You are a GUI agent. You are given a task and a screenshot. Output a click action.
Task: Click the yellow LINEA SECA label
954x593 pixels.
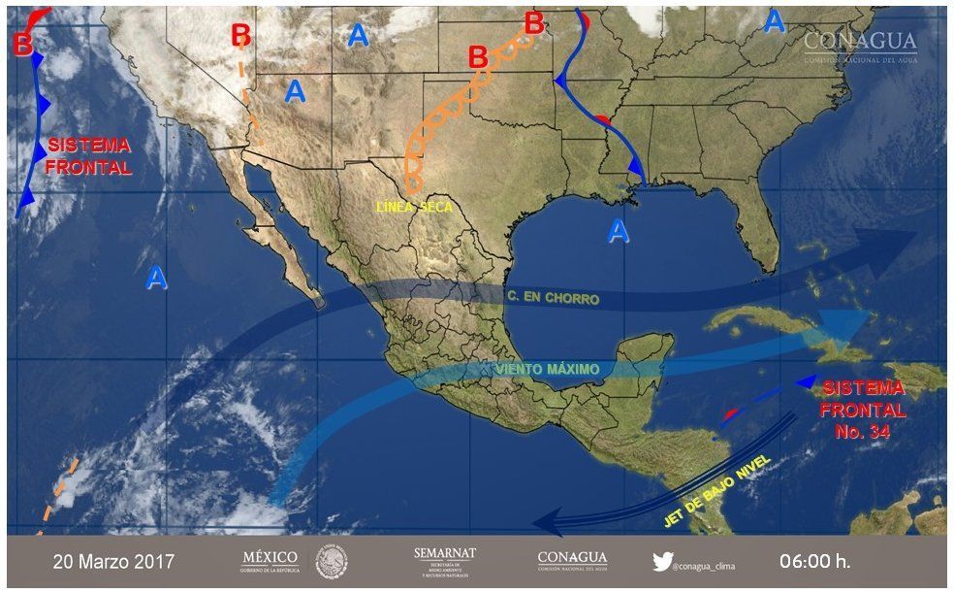[413, 208]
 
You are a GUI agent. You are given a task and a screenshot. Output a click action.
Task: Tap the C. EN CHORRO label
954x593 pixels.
[553, 298]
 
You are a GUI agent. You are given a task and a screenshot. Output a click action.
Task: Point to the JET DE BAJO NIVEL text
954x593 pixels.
[716, 491]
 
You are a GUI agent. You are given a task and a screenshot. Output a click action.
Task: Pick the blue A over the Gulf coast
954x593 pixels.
[618, 231]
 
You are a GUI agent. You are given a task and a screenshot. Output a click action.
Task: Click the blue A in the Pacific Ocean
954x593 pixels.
[156, 279]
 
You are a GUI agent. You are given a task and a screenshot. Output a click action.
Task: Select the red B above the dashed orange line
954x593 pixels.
[241, 35]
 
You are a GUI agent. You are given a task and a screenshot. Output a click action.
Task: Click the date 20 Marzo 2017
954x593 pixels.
[113, 562]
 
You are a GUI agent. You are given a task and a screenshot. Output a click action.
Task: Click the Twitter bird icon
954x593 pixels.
[662, 561]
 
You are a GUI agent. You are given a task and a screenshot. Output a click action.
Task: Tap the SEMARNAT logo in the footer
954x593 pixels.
[445, 561]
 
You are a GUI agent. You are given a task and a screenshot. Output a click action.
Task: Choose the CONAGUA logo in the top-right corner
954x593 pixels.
[859, 45]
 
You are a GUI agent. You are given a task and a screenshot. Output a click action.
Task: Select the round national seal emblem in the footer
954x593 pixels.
[331, 561]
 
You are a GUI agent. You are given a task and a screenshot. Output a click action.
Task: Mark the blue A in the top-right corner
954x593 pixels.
[774, 20]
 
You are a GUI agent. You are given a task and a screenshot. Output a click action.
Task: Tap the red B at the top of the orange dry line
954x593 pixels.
[533, 20]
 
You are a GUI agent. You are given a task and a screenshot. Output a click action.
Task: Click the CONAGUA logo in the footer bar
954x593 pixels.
[572, 561]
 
